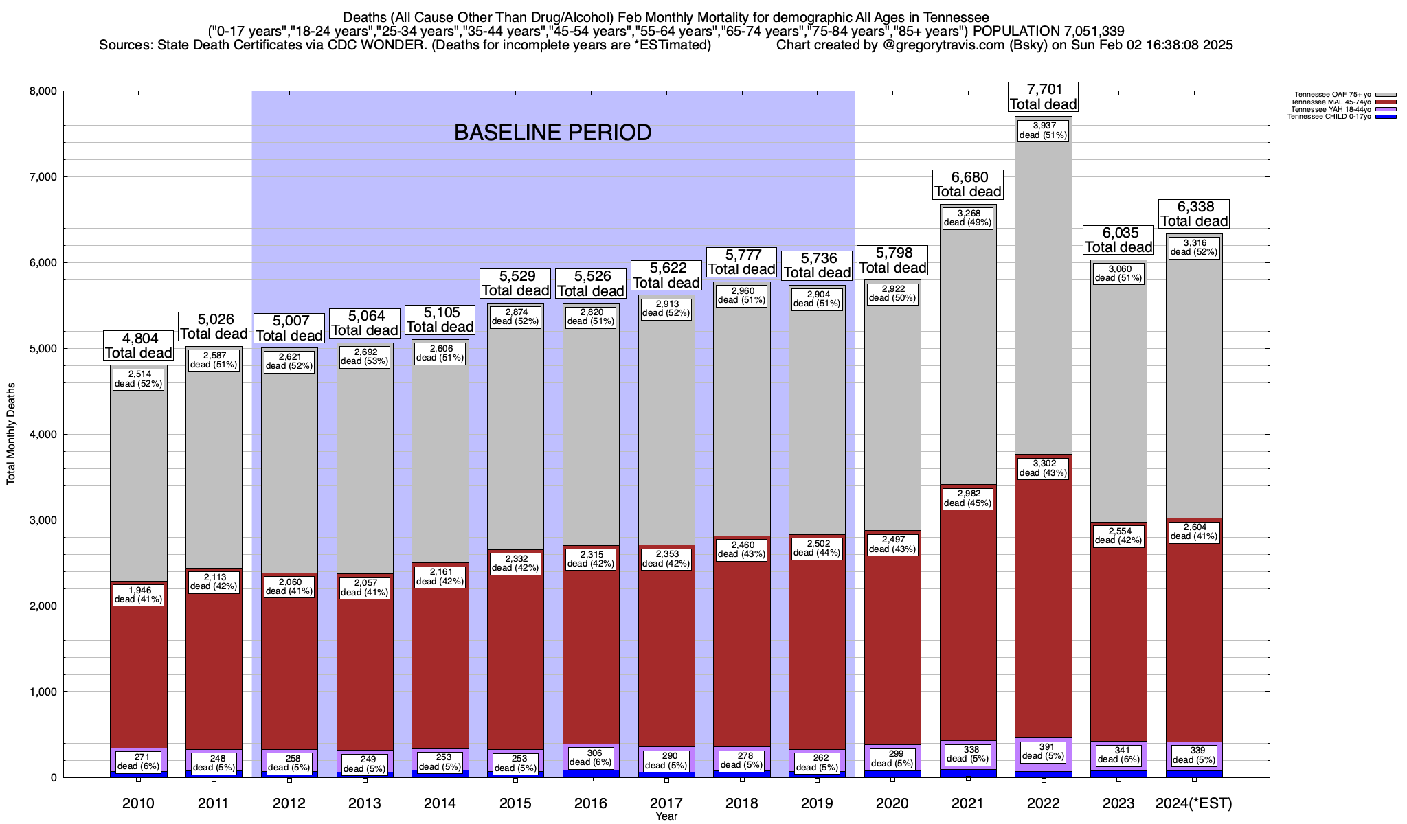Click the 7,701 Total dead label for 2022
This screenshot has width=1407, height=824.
1043,97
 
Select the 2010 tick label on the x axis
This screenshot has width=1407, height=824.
138,803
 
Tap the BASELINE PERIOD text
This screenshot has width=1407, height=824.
552,133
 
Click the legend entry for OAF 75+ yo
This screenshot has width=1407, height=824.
1333,95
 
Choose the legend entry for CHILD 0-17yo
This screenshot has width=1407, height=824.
1333,117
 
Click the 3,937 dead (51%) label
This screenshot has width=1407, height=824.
1043,130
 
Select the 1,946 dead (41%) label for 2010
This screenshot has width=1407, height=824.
138,595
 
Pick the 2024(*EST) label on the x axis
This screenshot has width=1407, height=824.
1194,803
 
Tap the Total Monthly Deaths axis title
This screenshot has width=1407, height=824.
11,434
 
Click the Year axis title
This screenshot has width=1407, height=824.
666,816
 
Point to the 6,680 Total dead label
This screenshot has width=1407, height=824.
967,185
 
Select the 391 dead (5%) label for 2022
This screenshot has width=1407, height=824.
1043,751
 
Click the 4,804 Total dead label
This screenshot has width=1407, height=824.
138,345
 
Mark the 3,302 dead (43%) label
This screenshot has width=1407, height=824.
1043,468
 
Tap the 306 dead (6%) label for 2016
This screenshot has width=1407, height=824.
590,757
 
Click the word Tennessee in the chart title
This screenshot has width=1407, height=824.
951,17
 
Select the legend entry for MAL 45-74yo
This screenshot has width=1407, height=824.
1333,102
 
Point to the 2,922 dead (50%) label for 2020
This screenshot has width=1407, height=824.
892,293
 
